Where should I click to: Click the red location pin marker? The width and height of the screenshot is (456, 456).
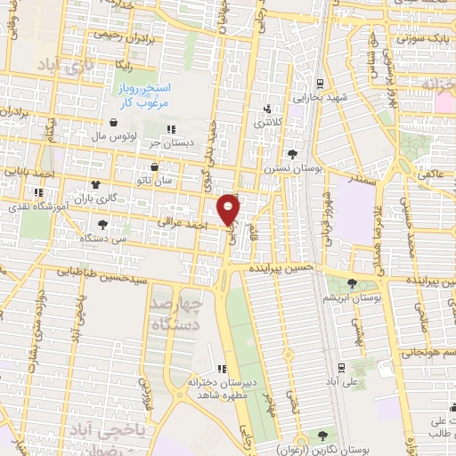[x=230, y=208]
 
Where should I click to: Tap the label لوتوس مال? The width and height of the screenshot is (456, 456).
[x=113, y=138]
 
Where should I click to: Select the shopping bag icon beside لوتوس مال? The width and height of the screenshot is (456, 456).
[x=113, y=123]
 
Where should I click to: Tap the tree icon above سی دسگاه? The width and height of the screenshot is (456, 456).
[x=103, y=224]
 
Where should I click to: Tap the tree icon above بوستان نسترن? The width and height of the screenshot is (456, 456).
[x=292, y=155]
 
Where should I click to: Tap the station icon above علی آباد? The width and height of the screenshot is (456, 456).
[x=342, y=367]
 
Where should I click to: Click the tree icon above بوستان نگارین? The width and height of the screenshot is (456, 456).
[x=322, y=436]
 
